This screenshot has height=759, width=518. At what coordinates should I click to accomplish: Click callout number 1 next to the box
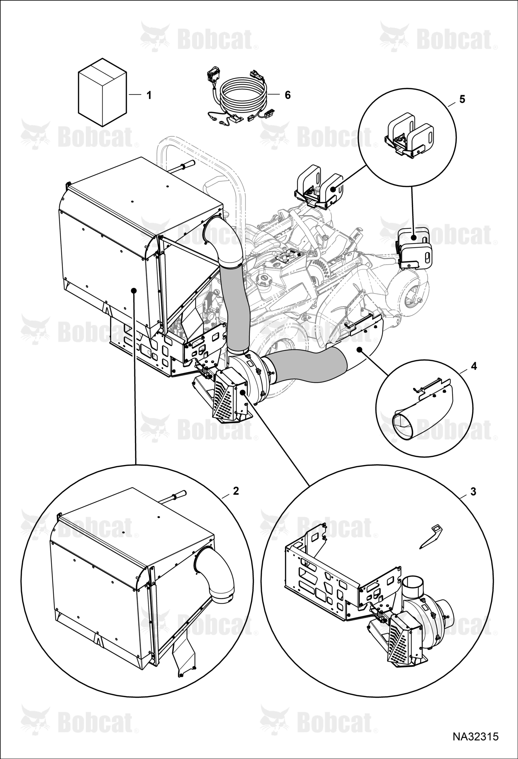[149, 95]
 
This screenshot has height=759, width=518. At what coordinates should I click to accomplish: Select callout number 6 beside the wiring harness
[288, 95]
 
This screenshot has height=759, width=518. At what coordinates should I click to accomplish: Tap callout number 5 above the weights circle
[462, 99]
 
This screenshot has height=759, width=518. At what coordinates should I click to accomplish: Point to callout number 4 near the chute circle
[474, 366]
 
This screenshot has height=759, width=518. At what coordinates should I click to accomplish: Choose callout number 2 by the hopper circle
[236, 491]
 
